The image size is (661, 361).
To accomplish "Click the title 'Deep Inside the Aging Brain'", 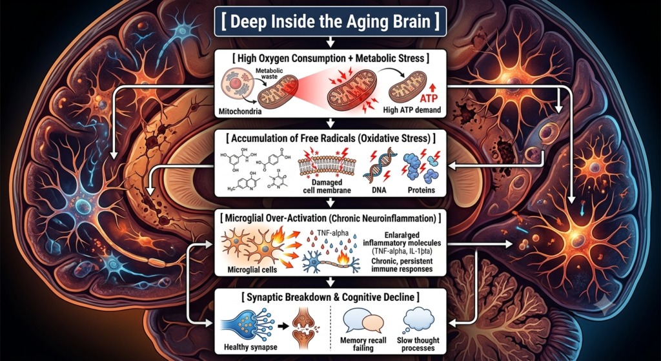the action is point(330,20).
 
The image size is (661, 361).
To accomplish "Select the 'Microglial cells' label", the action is point(251,269).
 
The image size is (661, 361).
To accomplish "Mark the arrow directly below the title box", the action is point(330,41).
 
